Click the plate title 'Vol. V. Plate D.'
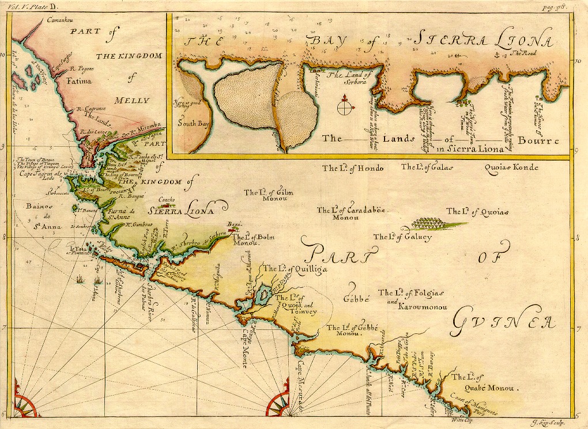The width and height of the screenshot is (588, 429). (27, 6)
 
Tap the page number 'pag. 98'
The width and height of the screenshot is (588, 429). (565, 6)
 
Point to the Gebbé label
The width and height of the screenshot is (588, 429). (356, 300)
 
